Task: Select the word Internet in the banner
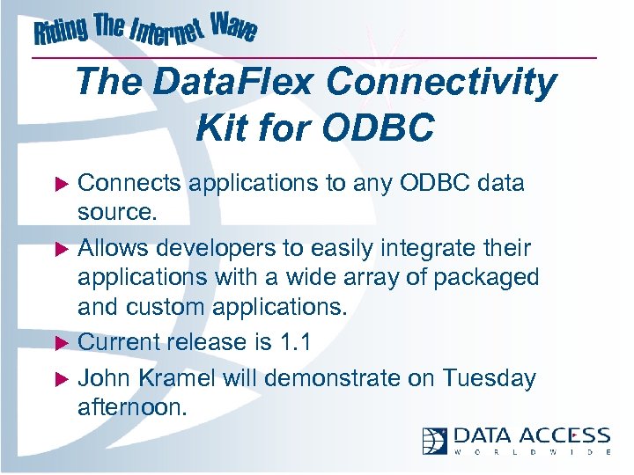(167, 35)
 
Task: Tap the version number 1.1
(293, 341)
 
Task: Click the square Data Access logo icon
(435, 441)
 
